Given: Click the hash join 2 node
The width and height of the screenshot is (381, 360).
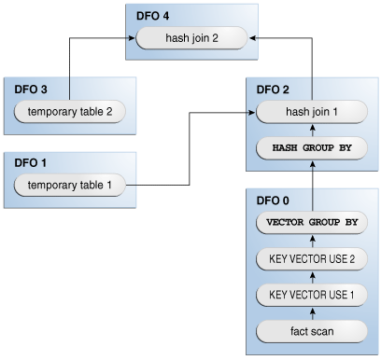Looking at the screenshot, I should point(191,38).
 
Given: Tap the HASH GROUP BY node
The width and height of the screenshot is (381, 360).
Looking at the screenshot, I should point(312,148).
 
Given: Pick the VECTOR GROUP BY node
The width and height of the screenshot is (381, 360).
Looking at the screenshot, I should point(312,223).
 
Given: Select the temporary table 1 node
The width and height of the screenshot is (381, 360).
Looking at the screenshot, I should point(70,185).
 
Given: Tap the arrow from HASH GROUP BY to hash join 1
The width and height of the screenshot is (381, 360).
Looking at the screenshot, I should point(312,131).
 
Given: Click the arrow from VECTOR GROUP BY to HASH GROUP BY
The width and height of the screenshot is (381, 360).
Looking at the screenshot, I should point(312,186).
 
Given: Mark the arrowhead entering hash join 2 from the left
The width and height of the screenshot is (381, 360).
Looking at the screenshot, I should point(133,39).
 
